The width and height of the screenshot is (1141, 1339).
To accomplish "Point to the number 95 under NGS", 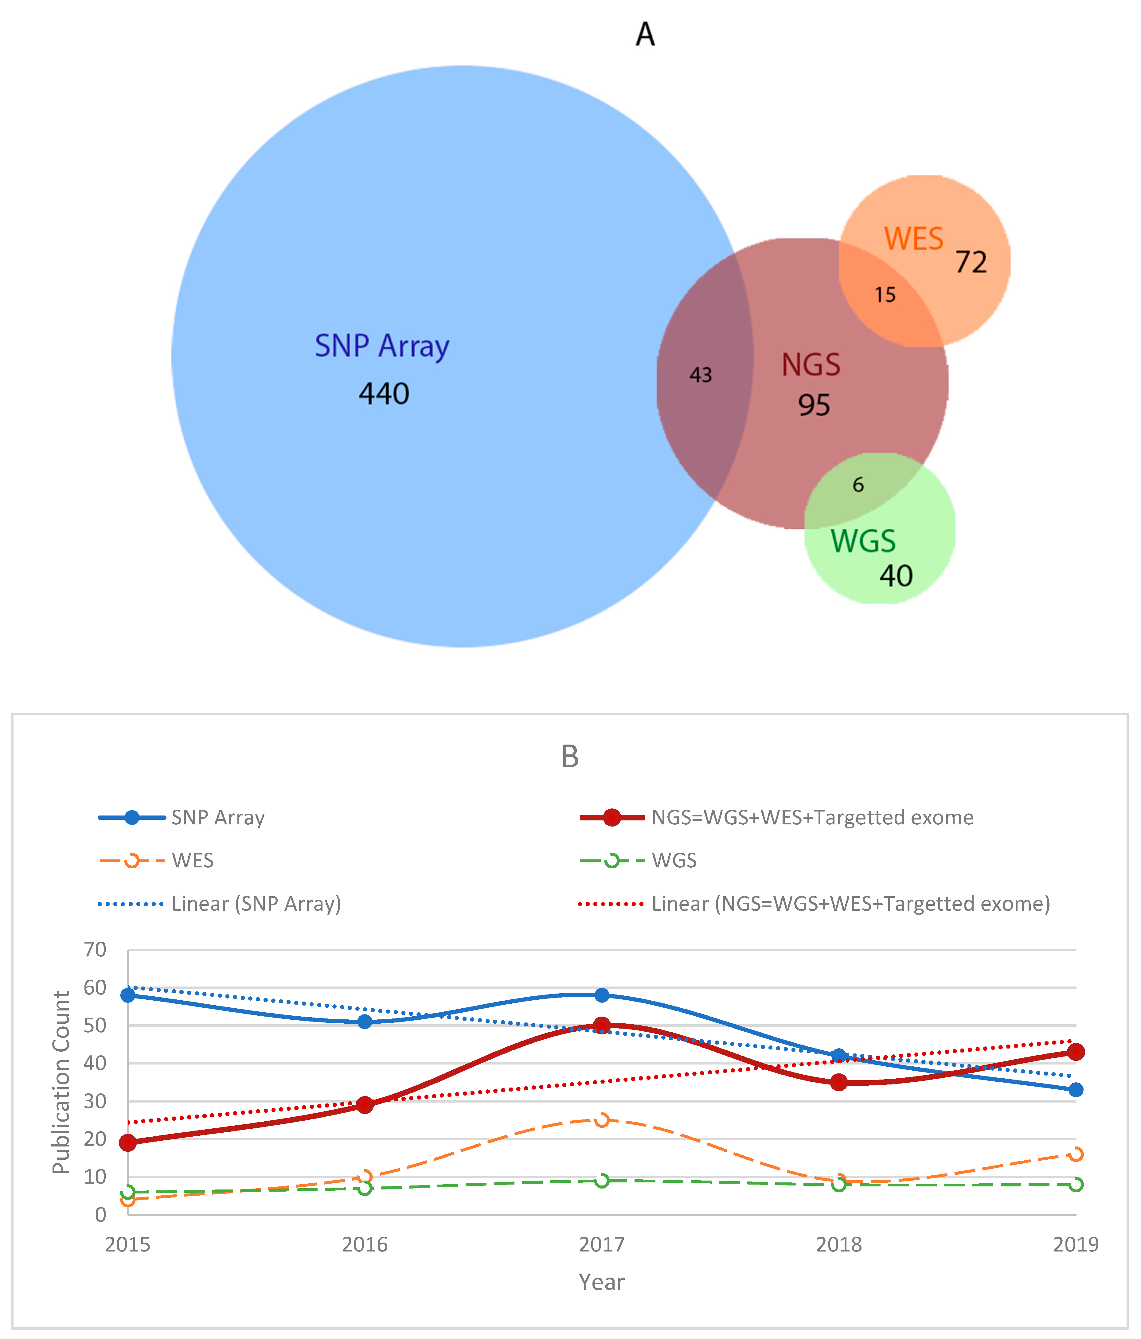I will [x=813, y=405].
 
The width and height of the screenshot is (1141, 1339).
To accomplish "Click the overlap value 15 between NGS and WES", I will [x=885, y=295].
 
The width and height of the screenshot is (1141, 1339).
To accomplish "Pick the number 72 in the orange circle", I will [x=971, y=263].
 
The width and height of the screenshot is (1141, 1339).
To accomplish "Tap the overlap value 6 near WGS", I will [x=858, y=485].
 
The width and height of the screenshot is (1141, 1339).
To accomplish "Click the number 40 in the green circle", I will [x=896, y=576].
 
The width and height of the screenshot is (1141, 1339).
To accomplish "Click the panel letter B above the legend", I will [x=569, y=756].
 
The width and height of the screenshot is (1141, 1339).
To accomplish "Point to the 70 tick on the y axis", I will [x=95, y=949].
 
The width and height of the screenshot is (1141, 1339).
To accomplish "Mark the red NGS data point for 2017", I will [x=602, y=1025].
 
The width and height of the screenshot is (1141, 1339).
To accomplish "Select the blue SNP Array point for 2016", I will [x=365, y=1022].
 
